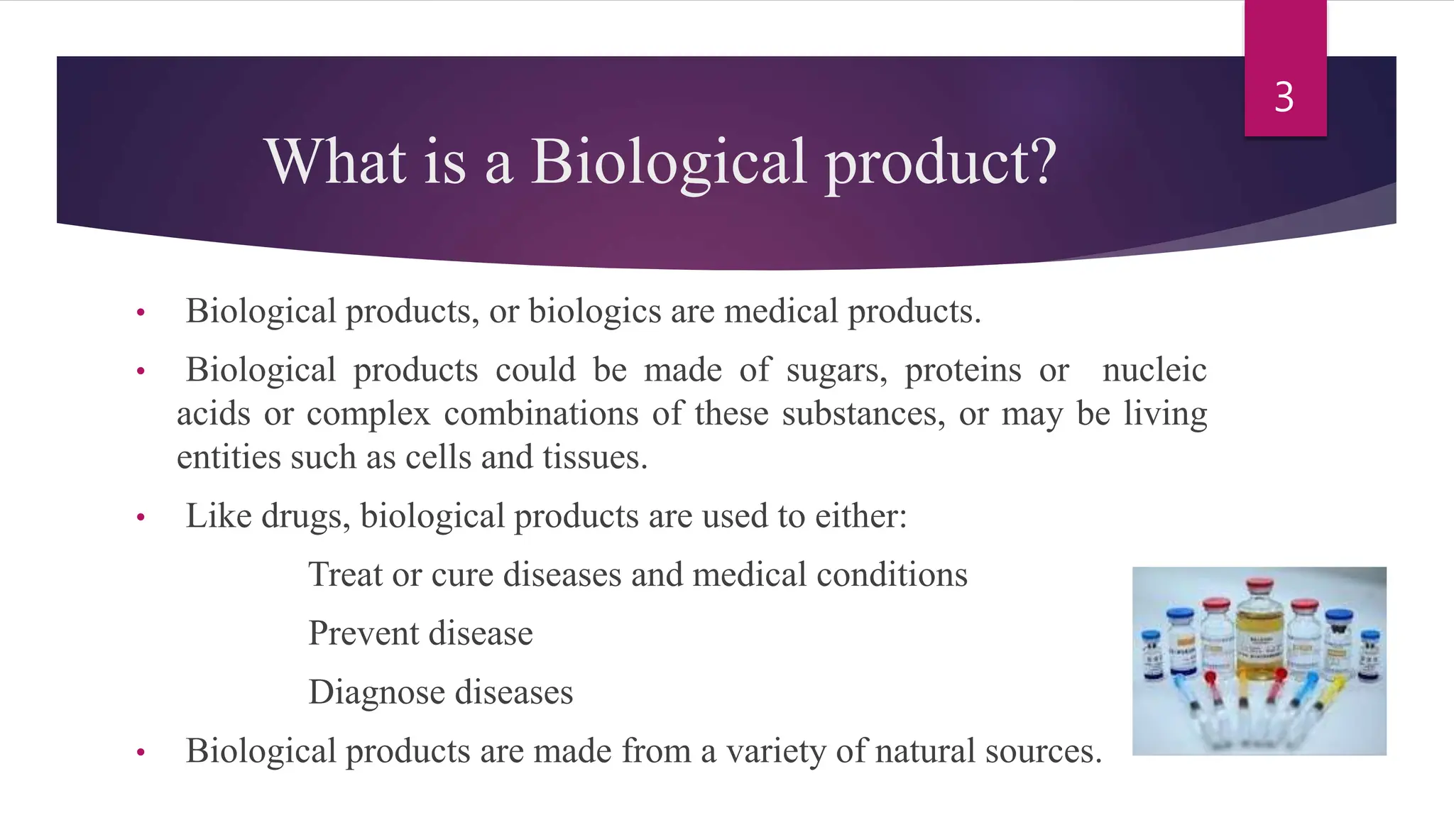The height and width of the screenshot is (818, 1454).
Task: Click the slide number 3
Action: click(x=1284, y=97)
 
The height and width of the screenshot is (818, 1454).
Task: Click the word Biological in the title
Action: click(x=668, y=161)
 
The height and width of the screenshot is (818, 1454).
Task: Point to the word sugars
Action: click(x=836, y=371)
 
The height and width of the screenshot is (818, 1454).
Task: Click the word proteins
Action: click(x=963, y=371)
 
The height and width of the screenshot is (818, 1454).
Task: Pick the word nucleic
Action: click(x=1154, y=371)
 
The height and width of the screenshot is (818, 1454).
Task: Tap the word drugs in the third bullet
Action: click(x=305, y=516)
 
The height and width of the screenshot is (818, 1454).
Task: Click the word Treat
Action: click(x=345, y=574)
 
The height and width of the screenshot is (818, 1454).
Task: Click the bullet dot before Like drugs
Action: click(x=141, y=518)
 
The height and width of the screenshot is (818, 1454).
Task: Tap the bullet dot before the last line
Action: click(x=141, y=753)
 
